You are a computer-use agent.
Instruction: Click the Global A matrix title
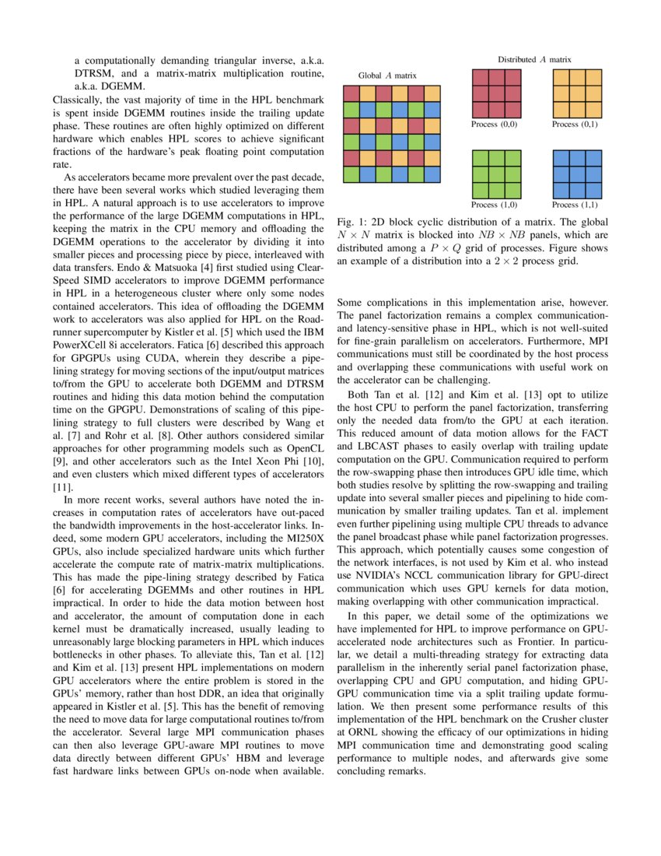(387, 75)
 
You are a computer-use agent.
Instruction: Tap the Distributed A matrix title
(534, 59)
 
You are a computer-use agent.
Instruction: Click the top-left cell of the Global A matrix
(351, 93)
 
